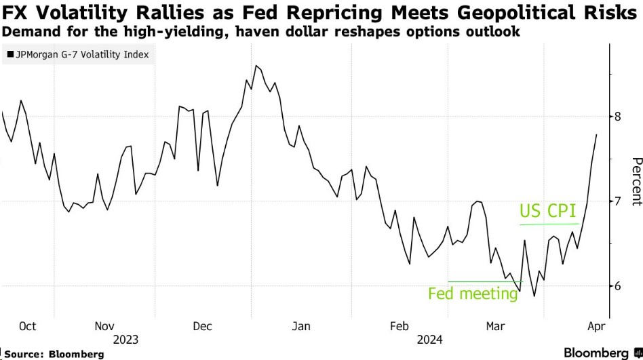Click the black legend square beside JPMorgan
point(9,55)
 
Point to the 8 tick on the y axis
point(619,117)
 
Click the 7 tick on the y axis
point(619,201)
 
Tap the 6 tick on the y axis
point(619,286)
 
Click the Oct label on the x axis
point(27,326)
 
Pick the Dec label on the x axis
point(203,326)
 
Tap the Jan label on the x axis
point(300,326)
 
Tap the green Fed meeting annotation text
point(473,294)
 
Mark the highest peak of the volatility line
point(256,66)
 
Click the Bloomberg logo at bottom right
point(602,353)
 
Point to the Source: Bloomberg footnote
point(54,354)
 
